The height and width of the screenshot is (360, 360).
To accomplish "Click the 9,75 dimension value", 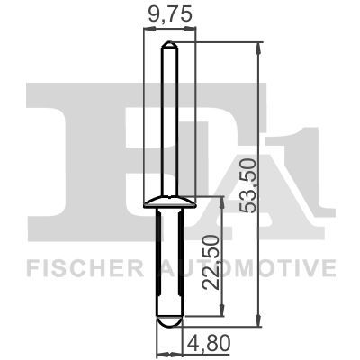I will click(x=167, y=14).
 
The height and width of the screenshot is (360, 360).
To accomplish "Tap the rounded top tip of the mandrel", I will click(x=168, y=45).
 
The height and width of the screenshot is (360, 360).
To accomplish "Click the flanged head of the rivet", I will click(x=168, y=200).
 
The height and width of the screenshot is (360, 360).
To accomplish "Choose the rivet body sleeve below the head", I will click(x=168, y=261).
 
